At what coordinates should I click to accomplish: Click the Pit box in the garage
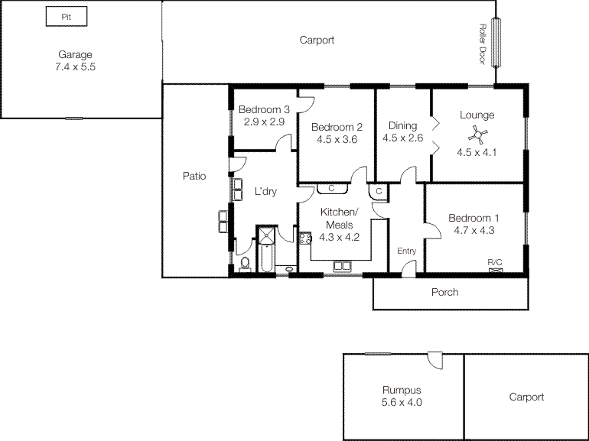click(x=66, y=16)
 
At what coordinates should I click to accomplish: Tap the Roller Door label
click(x=483, y=44)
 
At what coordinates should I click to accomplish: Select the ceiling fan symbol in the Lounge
click(x=477, y=136)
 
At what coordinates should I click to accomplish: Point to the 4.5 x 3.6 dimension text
click(x=337, y=139)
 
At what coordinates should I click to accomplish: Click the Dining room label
click(x=402, y=126)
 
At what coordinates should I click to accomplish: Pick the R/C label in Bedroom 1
click(x=495, y=261)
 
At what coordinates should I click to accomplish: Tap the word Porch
click(x=445, y=292)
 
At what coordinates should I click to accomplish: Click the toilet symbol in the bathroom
click(x=245, y=264)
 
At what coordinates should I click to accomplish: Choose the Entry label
click(x=406, y=251)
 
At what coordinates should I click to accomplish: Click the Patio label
click(x=194, y=177)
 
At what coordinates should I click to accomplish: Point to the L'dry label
click(x=265, y=192)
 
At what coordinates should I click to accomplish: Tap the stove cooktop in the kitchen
click(x=304, y=238)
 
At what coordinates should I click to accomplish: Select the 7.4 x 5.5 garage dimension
click(x=75, y=66)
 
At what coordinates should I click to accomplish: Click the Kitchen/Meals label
click(x=340, y=218)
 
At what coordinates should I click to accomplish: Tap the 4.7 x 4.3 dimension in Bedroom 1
click(x=474, y=230)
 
